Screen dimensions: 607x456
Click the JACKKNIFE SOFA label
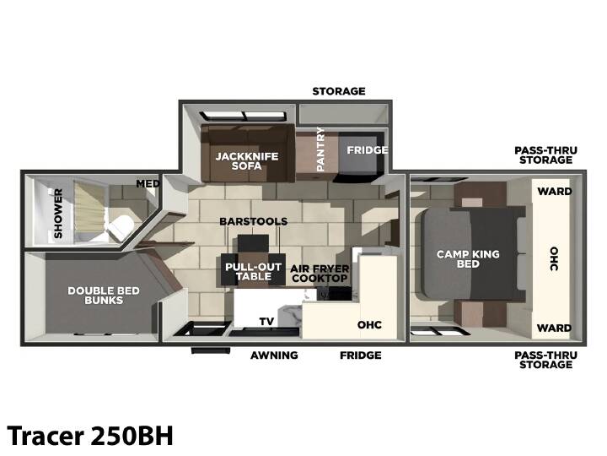tap(246, 161)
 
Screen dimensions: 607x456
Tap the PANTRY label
tap(320, 149)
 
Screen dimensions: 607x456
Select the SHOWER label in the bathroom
tap(58, 214)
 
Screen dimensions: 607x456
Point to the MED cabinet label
tap(148, 183)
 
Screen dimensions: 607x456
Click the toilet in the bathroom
tap(120, 227)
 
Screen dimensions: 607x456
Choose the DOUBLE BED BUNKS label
tap(104, 296)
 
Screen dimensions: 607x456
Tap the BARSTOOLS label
tap(253, 221)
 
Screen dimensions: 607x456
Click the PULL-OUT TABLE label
tap(254, 272)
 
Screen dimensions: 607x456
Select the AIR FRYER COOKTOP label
tap(320, 274)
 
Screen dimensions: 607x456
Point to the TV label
tap(266, 322)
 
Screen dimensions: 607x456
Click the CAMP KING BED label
tap(468, 259)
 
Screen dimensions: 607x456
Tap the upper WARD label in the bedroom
tap(555, 191)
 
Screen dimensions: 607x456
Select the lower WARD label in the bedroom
tap(555, 328)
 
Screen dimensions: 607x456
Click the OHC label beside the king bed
tap(554, 258)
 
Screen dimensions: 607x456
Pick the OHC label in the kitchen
tap(369, 325)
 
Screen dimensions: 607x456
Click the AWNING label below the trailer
tap(274, 356)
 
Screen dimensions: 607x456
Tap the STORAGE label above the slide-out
tap(339, 91)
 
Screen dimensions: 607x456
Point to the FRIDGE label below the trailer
tap(361, 356)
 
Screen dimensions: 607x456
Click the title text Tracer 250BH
tap(90, 436)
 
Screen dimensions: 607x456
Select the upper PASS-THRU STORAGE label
tap(545, 155)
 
